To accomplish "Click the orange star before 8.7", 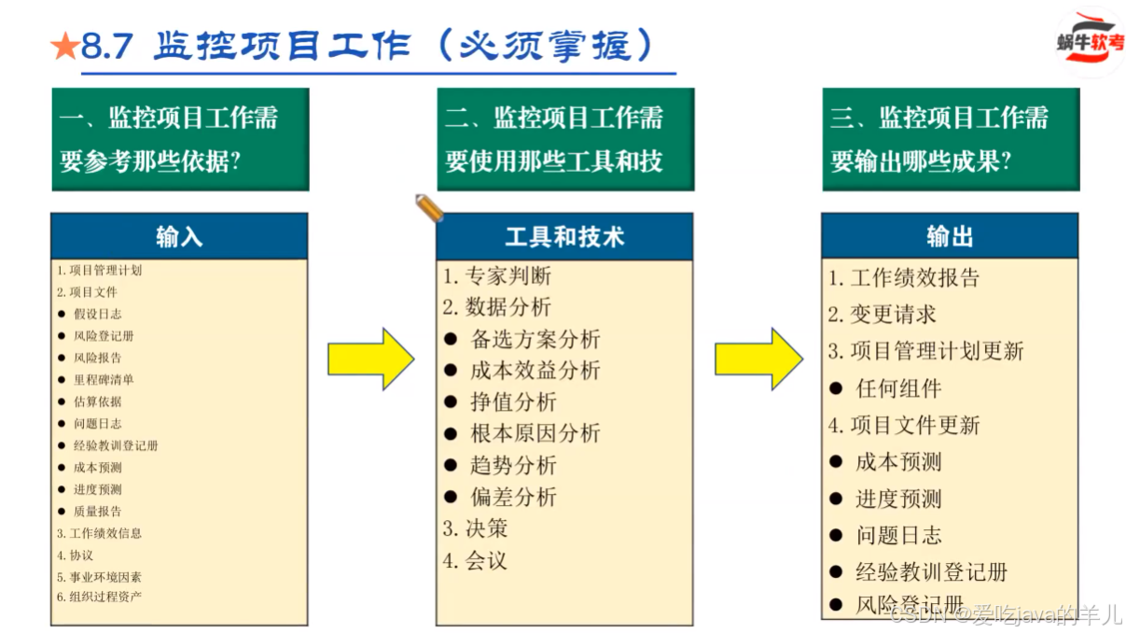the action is tap(65, 47).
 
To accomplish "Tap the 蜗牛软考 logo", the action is tap(1089, 42).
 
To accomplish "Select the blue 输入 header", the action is tap(179, 237).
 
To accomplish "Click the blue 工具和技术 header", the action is tap(563, 237).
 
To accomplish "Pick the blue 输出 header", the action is tap(950, 237).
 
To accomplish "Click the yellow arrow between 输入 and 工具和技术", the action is tap(369, 359).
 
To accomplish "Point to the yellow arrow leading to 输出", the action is tap(758, 359).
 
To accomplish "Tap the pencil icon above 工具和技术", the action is tap(428, 207).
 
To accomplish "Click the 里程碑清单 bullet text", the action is tap(104, 380).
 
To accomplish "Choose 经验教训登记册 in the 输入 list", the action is tap(116, 445).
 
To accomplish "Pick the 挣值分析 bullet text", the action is tap(513, 402).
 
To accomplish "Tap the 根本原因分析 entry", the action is tap(535, 434).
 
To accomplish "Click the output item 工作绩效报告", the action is tap(914, 278).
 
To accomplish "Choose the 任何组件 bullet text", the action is tap(898, 388).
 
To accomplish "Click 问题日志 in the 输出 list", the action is tap(898, 536).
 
